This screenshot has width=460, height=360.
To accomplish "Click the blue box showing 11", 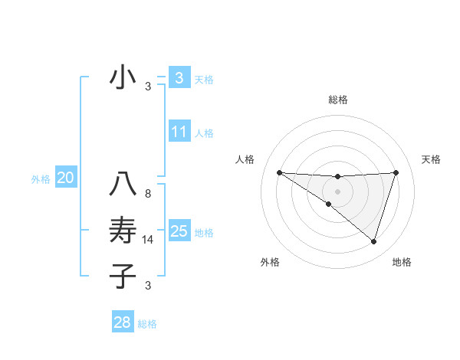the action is (179, 132).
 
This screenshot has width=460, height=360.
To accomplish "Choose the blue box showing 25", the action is (179, 231).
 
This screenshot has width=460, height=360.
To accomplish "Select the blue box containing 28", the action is (122, 322).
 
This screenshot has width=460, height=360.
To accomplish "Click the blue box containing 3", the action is (179, 77).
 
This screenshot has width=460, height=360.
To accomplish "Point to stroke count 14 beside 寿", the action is (149, 240).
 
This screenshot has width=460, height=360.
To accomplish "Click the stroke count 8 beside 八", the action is (148, 194).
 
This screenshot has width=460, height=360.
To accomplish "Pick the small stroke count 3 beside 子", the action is (148, 286).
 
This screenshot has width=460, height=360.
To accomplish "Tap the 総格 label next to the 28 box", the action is (147, 324).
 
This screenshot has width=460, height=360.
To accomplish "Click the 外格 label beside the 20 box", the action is (41, 180).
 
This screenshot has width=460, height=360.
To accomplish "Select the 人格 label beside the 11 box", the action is (204, 133).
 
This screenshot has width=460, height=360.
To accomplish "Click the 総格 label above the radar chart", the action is (337, 100).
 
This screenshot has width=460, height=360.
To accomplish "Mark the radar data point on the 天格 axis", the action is (396, 172).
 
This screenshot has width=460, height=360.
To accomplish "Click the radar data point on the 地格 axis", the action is (373, 241).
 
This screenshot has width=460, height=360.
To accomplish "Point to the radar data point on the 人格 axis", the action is (279, 172).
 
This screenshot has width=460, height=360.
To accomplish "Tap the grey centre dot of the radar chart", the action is (337, 191).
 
